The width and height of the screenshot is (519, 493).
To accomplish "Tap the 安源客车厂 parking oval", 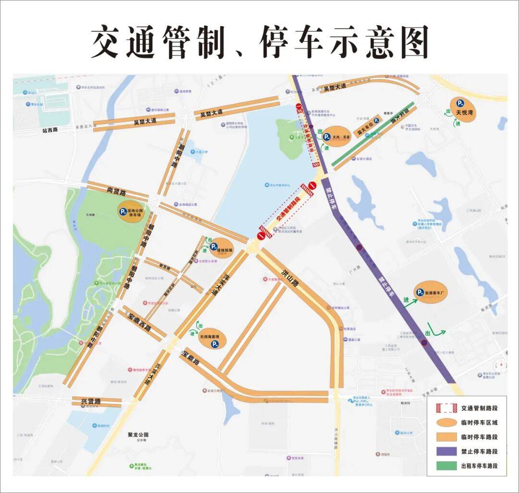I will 431,292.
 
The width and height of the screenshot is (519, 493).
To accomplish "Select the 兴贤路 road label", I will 91,401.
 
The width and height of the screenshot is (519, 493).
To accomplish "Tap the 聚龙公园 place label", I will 139,434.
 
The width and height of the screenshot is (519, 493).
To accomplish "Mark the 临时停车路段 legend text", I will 479,437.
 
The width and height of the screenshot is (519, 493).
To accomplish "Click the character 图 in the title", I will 411,42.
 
